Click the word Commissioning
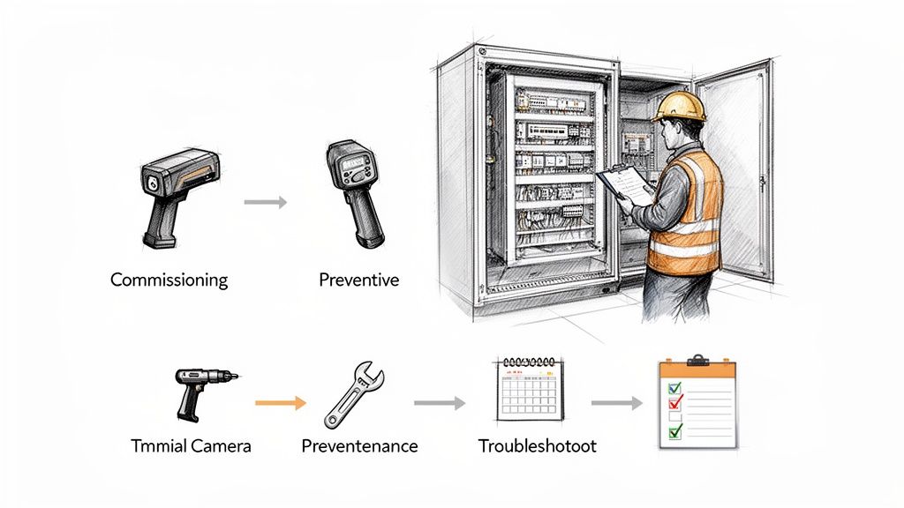pos(169,280)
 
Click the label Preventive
pos(358,280)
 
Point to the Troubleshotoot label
pos(537,445)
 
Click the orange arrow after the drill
pos(280,403)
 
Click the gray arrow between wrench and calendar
pos(439,403)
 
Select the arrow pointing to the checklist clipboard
pos(616,403)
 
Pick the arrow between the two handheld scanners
pos(265,202)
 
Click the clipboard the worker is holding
pos(625,184)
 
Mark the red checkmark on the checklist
pos(675,401)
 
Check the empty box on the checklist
pos(675,416)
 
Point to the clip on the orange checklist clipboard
pos(697,360)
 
